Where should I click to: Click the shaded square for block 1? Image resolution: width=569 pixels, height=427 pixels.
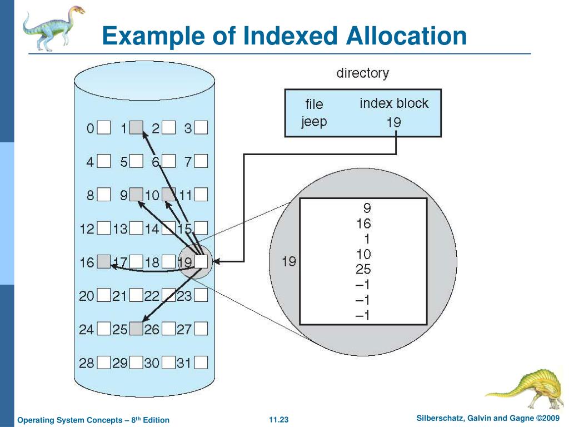pyautogui.click(x=136, y=128)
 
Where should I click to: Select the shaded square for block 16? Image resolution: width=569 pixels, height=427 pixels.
pyautogui.click(x=103, y=261)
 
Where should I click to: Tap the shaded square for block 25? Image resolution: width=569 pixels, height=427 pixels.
pyautogui.click(x=136, y=329)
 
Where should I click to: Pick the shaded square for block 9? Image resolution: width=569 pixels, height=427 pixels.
pyautogui.click(x=136, y=195)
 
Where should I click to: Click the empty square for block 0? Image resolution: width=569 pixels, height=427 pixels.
pyautogui.click(x=103, y=128)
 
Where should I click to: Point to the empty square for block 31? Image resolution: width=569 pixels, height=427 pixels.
pyautogui.click(x=201, y=363)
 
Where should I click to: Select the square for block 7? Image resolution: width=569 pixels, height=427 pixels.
pyautogui.click(x=201, y=162)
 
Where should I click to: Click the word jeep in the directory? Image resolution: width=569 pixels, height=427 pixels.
pyautogui.click(x=314, y=121)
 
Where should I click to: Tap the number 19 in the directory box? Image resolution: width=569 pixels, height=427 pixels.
pyautogui.click(x=393, y=122)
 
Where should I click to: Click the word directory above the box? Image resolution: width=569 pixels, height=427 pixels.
pyautogui.click(x=362, y=73)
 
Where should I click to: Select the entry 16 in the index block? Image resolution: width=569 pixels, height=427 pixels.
pyautogui.click(x=364, y=224)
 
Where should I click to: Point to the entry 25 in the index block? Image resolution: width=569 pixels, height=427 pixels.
pyautogui.click(x=364, y=270)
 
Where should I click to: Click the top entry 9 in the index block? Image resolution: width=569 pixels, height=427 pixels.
pyautogui.click(x=367, y=208)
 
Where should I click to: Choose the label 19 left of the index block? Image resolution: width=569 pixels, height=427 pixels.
pyautogui.click(x=289, y=261)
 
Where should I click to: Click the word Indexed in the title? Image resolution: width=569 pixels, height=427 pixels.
pyautogui.click(x=290, y=37)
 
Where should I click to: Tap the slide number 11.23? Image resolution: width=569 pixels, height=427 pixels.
pyautogui.click(x=279, y=419)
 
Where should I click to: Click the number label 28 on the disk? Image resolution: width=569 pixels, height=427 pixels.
pyautogui.click(x=86, y=363)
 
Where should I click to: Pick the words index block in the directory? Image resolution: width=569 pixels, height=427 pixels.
pyautogui.click(x=394, y=103)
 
